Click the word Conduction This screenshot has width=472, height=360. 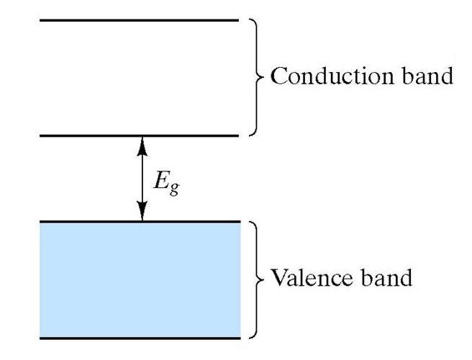coord(327,76)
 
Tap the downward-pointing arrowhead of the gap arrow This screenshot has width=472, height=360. coord(142,213)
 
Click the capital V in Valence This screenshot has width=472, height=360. coord(277,277)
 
